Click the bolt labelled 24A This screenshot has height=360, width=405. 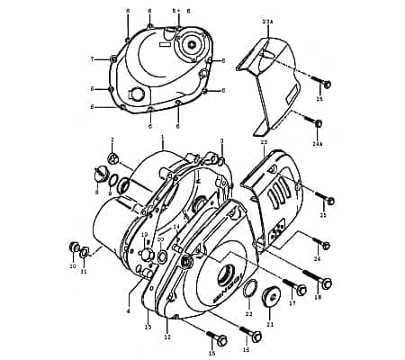click(319, 124)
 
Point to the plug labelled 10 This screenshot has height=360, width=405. click(74, 247)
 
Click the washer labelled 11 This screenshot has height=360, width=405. click(85, 253)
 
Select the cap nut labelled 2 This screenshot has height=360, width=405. click(113, 159)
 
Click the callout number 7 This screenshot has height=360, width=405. click(93, 58)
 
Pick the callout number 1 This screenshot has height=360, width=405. click(162, 138)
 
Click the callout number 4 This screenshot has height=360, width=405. click(129, 310)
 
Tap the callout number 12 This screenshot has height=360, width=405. click(167, 337)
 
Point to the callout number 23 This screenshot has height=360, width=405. click(264, 141)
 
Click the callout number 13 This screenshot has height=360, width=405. click(148, 328)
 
